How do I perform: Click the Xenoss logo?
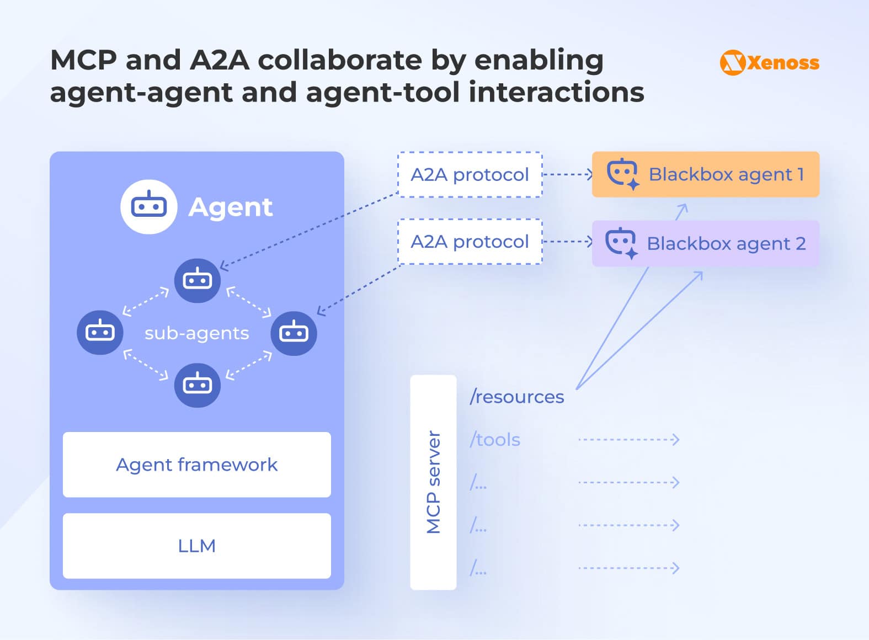[769, 62]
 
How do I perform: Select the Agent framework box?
[196, 465]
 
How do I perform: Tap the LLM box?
[196, 546]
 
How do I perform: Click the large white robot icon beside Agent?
[148, 207]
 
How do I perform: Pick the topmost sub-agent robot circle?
[197, 280]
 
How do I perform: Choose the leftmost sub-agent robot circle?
[100, 332]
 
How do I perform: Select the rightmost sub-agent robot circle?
[294, 333]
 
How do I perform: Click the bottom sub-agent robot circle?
[197, 385]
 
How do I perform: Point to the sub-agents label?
[196, 333]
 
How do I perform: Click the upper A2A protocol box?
[470, 174]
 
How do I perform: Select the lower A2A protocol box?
[470, 242]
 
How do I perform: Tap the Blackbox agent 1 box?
[705, 174]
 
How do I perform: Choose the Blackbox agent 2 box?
[705, 243]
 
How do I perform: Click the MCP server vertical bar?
[433, 482]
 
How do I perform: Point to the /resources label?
[516, 397]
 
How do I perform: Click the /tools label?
[495, 440]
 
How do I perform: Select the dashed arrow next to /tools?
[628, 440]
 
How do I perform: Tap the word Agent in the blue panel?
[230, 207]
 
